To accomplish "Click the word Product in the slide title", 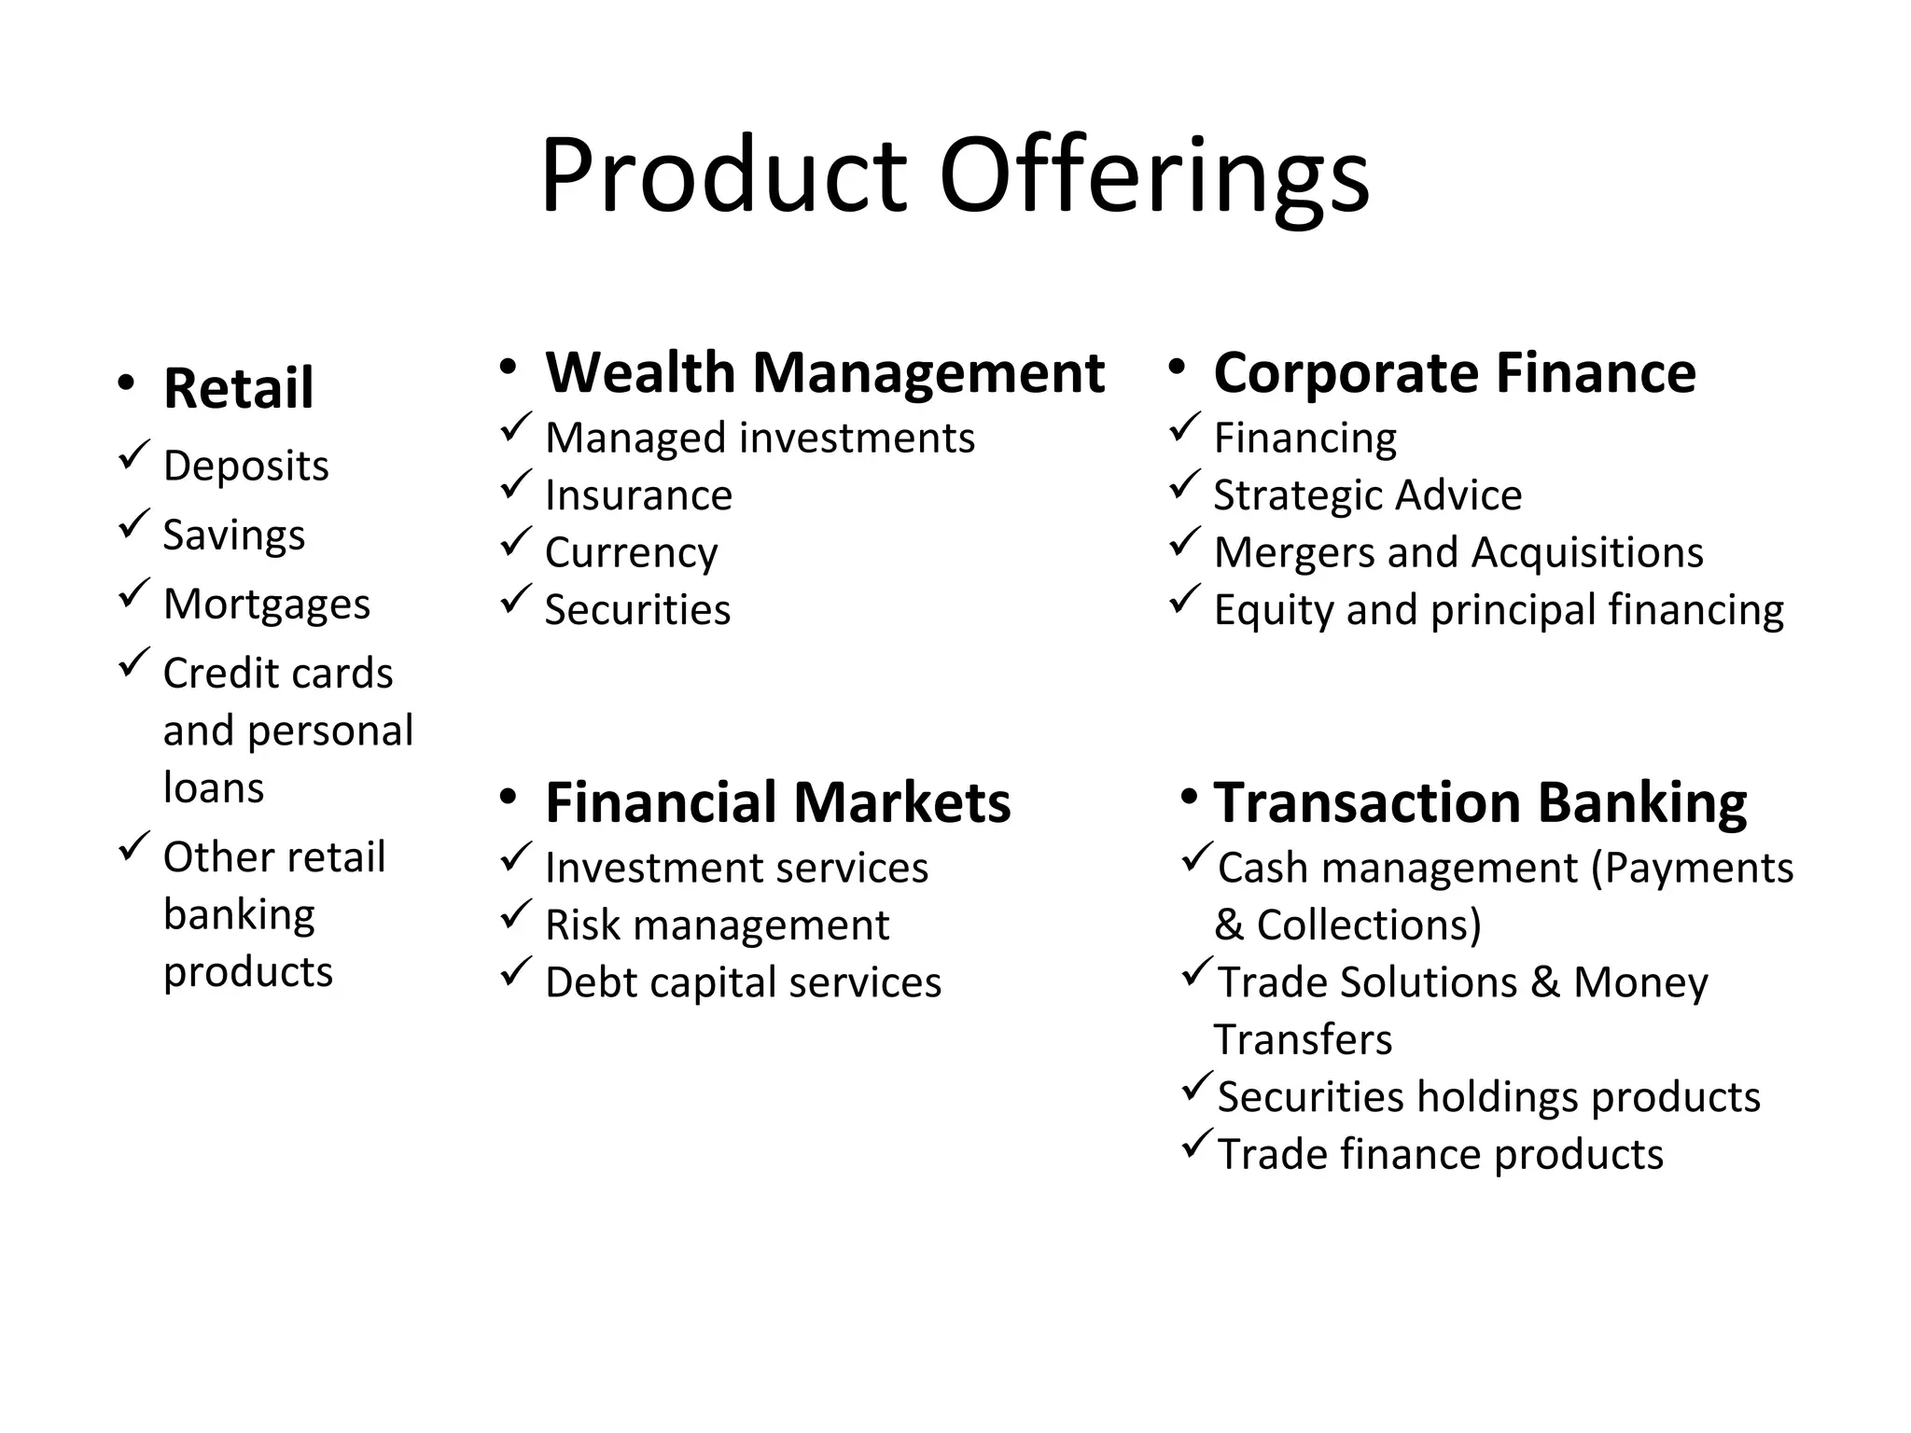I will point(723,175).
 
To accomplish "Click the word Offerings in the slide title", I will point(1154,175).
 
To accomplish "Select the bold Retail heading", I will point(238,387).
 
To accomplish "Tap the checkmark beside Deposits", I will point(134,455).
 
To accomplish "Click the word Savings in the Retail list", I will point(233,535).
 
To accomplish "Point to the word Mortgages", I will point(266,604).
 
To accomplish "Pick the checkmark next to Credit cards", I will point(134,662).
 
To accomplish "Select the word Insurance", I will point(638,494).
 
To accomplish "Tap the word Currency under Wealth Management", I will point(631,552).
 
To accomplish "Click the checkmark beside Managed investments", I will point(516,427).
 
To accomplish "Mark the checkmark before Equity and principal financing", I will point(1184,599).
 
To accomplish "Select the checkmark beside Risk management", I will point(516,914).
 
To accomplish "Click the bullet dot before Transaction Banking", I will point(1189,797).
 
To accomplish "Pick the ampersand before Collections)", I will point(1229,925).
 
